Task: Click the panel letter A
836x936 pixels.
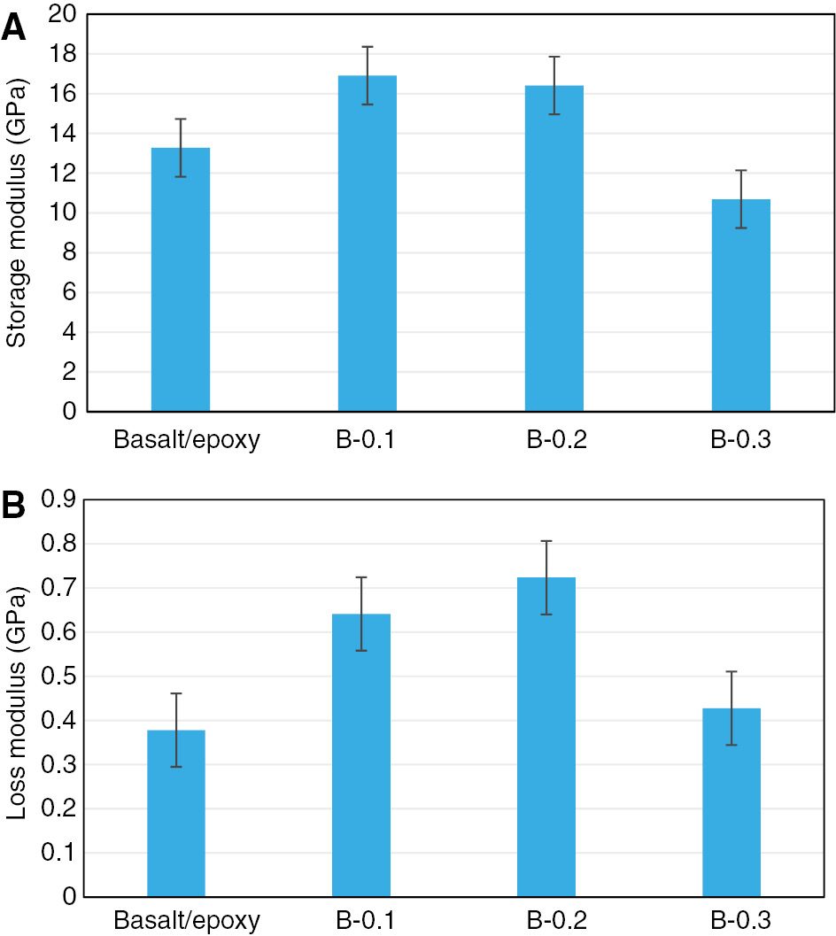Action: [x=13, y=28]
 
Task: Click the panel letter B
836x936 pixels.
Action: [x=13, y=506]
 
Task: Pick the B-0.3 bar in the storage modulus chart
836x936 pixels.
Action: [x=740, y=306]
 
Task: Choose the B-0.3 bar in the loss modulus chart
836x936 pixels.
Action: [x=731, y=802]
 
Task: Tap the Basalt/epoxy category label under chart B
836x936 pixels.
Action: [x=187, y=922]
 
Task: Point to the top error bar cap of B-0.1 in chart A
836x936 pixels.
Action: [x=367, y=47]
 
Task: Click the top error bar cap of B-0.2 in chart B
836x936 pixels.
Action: [x=546, y=541]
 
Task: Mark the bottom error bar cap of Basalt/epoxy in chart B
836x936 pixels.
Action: [x=175, y=767]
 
